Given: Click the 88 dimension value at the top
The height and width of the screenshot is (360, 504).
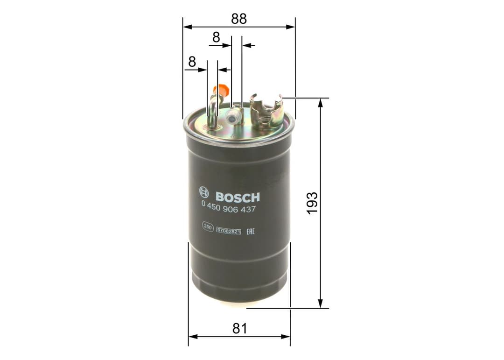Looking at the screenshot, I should [238, 18].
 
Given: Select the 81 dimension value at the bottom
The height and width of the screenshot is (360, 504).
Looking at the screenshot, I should [239, 328].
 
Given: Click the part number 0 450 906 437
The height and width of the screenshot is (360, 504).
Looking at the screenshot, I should [228, 209].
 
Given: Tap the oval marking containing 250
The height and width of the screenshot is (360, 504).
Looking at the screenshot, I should [208, 227].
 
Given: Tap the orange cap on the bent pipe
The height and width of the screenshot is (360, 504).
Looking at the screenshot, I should [222, 89].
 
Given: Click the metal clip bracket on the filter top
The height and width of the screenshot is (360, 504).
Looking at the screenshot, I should [266, 111].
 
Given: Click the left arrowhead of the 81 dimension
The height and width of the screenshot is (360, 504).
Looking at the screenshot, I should [192, 336].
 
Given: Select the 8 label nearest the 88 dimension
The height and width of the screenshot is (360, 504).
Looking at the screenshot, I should [216, 37].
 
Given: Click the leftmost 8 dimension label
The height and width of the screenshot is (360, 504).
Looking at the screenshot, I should [191, 61].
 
